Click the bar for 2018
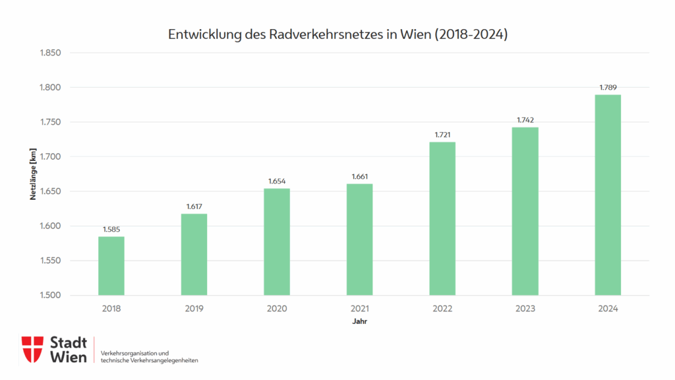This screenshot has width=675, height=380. pyautogui.click(x=111, y=266)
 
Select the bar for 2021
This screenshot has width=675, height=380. pyautogui.click(x=359, y=239)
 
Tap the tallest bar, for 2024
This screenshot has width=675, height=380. pyautogui.click(x=608, y=195)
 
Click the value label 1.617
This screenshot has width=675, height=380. pyautogui.click(x=194, y=206)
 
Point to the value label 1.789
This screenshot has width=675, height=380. pyautogui.click(x=608, y=87)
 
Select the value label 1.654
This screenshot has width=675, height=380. pyautogui.click(x=277, y=181)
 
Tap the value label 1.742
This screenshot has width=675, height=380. pyautogui.click(x=525, y=120)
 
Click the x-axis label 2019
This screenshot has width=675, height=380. pyautogui.click(x=194, y=309)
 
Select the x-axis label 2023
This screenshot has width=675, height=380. pyautogui.click(x=525, y=309)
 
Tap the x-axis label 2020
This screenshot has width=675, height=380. pyautogui.click(x=277, y=309)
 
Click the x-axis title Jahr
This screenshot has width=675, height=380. pyautogui.click(x=359, y=322)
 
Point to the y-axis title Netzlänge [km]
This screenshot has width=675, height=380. pyautogui.click(x=32, y=174)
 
